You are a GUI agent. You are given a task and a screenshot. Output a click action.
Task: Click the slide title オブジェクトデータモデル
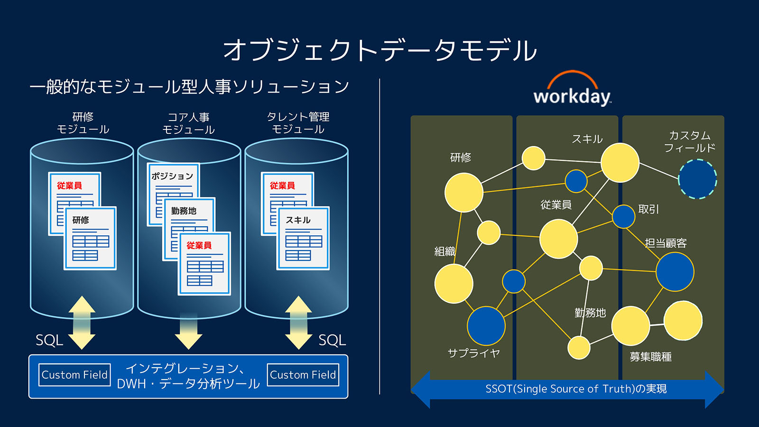(x=379, y=50)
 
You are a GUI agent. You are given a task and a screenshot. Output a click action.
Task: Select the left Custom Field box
(x=74, y=375)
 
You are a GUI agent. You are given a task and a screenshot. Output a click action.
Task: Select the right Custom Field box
(x=303, y=375)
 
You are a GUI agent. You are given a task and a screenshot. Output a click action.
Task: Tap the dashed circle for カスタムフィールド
(x=697, y=179)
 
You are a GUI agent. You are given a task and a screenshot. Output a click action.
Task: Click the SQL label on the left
(x=49, y=340)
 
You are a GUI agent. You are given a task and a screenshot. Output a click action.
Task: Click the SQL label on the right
(x=332, y=340)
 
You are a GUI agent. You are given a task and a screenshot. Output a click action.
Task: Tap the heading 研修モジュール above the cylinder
(x=83, y=123)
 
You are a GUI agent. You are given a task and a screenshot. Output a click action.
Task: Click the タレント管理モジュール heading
(x=298, y=123)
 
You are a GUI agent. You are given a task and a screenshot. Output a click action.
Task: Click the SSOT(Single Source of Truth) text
(x=575, y=389)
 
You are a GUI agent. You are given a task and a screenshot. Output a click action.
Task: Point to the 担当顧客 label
(x=666, y=243)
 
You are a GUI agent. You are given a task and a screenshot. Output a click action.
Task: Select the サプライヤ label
(x=473, y=353)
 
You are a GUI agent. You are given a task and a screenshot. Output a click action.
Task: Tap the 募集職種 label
(x=650, y=357)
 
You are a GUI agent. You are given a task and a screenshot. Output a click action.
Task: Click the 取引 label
(x=648, y=209)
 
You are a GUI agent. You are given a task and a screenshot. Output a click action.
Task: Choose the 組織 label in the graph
(x=444, y=251)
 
